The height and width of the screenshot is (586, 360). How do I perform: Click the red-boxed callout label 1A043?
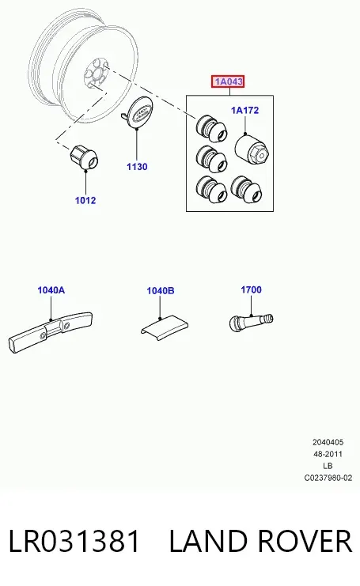[228, 81]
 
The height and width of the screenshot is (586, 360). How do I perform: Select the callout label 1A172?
[244, 110]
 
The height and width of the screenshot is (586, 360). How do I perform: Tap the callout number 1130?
[137, 167]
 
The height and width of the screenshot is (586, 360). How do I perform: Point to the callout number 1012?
[85, 200]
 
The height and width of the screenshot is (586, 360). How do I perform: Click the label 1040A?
[51, 290]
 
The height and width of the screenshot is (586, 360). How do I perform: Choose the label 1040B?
[161, 291]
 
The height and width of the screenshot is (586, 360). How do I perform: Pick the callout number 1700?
[252, 289]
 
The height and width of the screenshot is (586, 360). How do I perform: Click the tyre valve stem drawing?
[251, 321]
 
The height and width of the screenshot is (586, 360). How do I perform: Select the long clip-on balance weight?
[50, 332]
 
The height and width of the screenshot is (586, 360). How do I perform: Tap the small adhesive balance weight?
[165, 327]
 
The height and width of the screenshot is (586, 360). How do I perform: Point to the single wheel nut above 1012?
[84, 157]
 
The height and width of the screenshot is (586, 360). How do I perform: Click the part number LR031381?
[74, 541]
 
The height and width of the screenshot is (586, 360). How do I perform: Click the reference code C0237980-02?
[328, 478]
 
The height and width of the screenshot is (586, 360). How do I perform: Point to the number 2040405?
[328, 443]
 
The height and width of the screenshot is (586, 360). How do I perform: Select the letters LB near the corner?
[328, 466]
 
